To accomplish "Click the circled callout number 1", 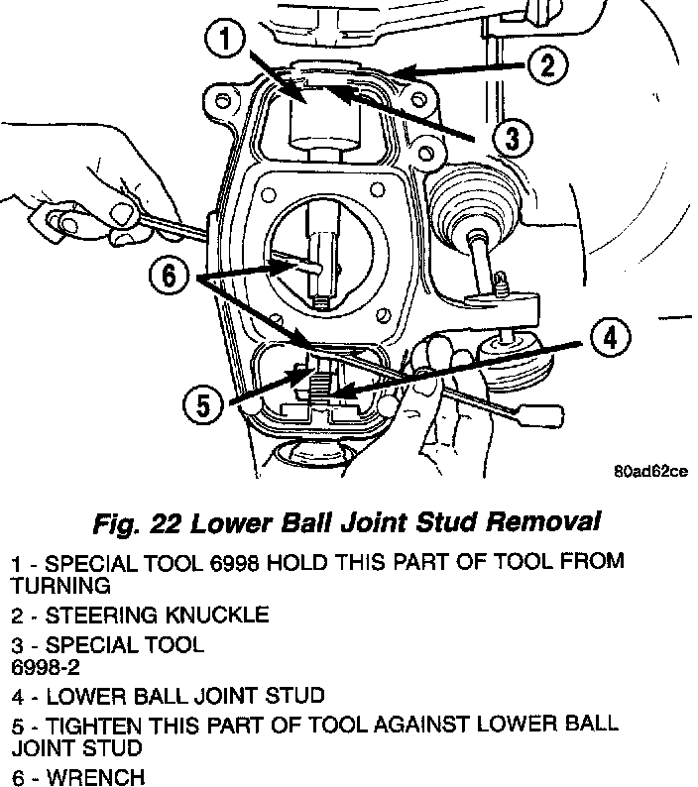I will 227,42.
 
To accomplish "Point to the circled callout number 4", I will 610,338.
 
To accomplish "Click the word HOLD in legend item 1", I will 298,562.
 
